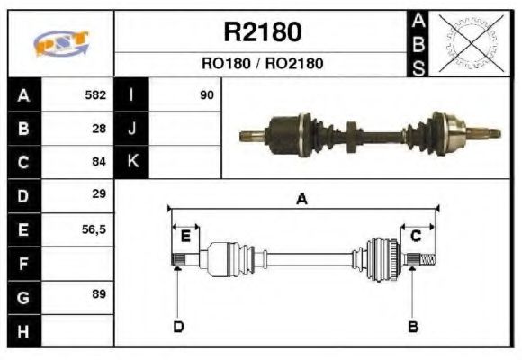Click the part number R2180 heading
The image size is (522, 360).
(262, 33)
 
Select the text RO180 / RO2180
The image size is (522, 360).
(262, 64)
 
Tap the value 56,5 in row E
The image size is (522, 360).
(94, 229)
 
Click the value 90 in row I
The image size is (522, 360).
(207, 94)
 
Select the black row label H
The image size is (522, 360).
(24, 331)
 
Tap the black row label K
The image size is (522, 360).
(132, 162)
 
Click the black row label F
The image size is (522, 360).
(24, 264)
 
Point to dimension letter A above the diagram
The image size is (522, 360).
(302, 200)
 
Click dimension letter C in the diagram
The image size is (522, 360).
(417, 236)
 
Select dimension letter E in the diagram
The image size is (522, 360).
(185, 236)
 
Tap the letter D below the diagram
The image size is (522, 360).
(178, 327)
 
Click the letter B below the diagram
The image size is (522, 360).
(413, 327)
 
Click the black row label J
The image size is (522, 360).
(132, 129)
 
